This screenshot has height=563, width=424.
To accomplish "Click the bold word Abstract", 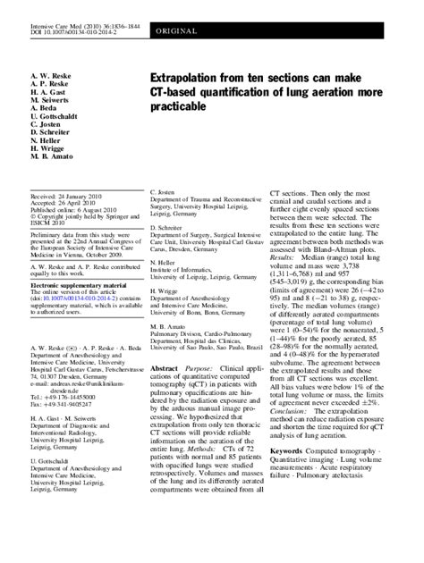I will coord(165,392).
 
